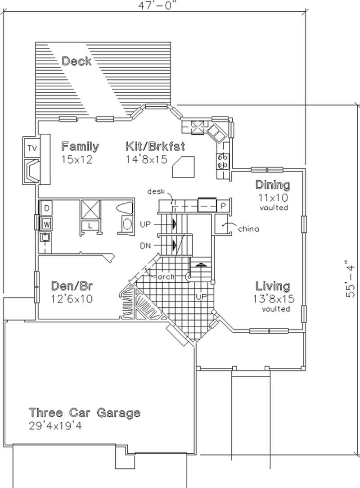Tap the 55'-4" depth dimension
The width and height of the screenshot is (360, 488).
tap(351, 278)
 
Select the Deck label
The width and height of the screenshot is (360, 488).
tap(76, 61)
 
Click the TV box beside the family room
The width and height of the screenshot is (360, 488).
tap(31, 148)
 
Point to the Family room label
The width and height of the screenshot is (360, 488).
tap(80, 146)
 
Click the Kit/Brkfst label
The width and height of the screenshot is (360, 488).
tap(155, 146)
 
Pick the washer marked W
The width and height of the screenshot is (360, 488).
tap(46, 222)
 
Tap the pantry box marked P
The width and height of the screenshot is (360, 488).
tap(223, 206)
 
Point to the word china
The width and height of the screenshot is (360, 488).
tap(248, 229)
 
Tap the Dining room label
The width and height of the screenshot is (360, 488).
tap(273, 185)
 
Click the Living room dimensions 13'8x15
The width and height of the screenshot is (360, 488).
tap(273, 298)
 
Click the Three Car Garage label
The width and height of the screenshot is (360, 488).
tap(85, 412)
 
